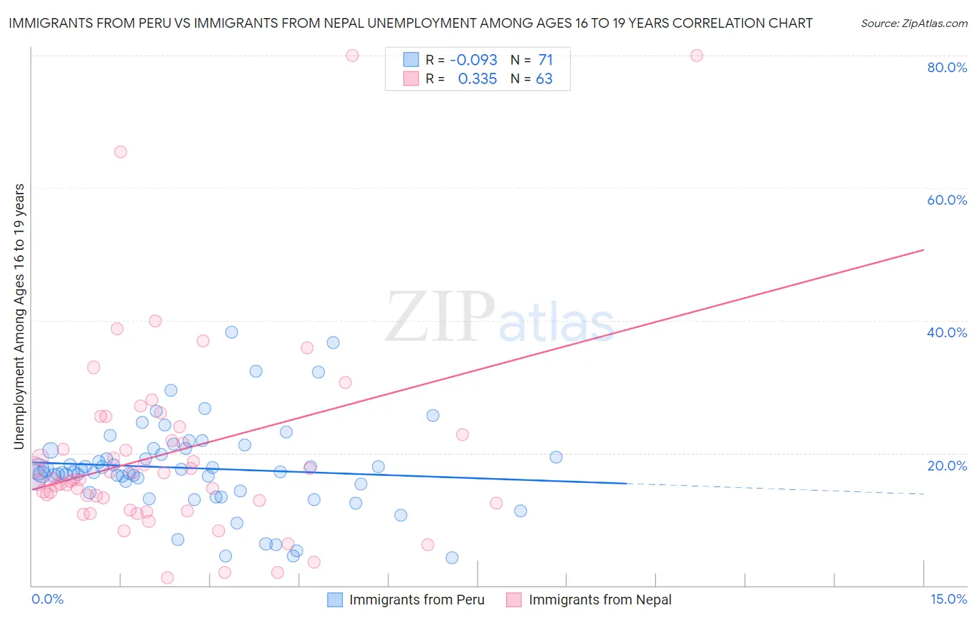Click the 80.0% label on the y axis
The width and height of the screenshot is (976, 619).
tap(947, 67)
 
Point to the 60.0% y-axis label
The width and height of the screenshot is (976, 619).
tap(947, 200)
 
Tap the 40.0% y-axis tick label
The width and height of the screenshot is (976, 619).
tap(947, 332)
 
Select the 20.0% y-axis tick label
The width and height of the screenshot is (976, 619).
tap(947, 466)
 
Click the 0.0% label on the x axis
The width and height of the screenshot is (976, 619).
tap(47, 599)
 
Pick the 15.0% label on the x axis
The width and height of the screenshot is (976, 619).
tap(948, 599)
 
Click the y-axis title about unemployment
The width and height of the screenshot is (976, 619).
tap(19, 316)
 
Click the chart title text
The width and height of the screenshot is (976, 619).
tap(410, 24)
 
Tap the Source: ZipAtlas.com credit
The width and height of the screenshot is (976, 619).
tap(914, 24)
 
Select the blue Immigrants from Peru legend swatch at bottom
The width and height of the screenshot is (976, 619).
tap(335, 600)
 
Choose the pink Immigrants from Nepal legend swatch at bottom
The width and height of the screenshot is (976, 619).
tap(514, 600)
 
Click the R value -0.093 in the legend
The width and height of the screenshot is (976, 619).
tap(473, 60)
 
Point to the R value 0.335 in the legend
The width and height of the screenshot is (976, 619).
tap(478, 79)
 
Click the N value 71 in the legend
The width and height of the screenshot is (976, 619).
tap(546, 60)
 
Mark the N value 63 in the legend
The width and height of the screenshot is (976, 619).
tap(544, 79)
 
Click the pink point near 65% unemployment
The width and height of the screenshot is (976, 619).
tap(120, 152)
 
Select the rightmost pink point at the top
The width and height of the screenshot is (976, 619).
tap(696, 56)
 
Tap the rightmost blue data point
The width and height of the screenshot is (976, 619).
tap(556, 457)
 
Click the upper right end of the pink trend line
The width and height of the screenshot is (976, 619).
tap(923, 250)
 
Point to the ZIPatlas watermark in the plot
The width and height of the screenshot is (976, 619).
tap(500, 318)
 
